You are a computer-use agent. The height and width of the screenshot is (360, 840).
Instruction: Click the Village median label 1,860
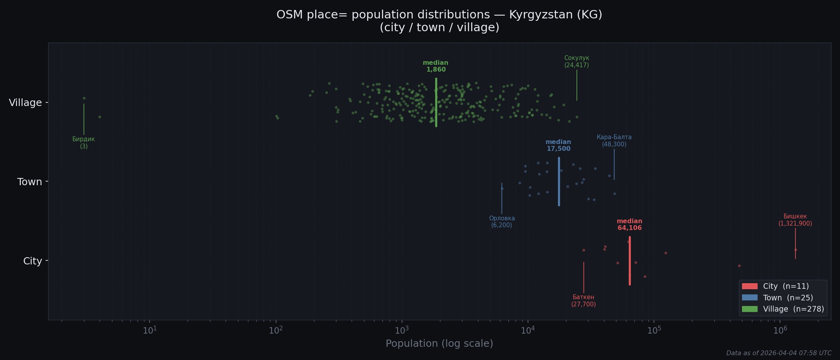tap(436, 66)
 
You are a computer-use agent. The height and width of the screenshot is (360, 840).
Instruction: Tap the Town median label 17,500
tap(558, 146)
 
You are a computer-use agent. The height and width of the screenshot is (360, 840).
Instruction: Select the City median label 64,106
tap(629, 225)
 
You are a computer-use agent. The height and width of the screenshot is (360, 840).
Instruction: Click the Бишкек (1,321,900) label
tap(795, 220)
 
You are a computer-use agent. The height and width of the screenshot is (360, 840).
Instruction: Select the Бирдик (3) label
tap(84, 143)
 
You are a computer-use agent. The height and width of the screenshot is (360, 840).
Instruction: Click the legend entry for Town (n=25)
tap(788, 298)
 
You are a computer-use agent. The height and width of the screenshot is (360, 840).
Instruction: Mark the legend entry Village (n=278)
tap(793, 309)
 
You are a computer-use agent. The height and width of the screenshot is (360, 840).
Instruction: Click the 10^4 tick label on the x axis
tap(528, 330)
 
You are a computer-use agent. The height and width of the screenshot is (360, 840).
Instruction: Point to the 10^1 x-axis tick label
tap(150, 330)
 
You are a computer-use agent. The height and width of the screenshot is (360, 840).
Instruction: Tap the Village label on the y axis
tap(25, 103)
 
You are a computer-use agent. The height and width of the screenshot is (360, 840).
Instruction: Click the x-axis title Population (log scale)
tap(439, 344)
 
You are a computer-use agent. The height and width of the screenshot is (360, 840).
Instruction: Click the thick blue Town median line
tap(559, 192)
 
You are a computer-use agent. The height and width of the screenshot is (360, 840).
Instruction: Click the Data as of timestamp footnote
tap(778, 353)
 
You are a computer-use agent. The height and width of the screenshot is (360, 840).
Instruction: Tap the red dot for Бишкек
tap(796, 250)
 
